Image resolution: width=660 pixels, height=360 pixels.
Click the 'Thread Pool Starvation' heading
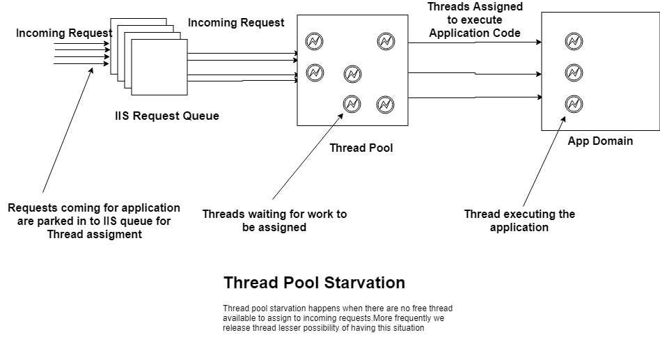coord(314,283)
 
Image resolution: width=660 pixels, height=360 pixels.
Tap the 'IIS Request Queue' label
coord(167,116)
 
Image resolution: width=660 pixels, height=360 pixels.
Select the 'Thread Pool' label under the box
coord(361,148)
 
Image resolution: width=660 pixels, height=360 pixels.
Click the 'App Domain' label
coord(600,141)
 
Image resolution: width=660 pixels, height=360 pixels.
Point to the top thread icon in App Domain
coord(574,41)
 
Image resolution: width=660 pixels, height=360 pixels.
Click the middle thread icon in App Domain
coord(574,73)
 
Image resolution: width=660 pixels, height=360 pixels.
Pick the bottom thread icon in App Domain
coord(574,104)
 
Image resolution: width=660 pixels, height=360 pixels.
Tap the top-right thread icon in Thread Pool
coord(386,41)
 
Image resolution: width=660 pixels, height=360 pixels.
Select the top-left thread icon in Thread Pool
coord(314,41)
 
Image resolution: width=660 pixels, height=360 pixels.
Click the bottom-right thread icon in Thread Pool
coord(385,104)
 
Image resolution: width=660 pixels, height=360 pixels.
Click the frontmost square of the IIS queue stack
coord(159,67)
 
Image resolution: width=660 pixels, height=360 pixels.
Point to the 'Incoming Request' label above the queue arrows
coord(236,23)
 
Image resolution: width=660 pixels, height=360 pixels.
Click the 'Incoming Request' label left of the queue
coord(64,33)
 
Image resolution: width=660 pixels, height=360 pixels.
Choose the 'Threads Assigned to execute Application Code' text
coord(475,19)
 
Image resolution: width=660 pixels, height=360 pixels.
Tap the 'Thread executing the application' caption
coord(519,221)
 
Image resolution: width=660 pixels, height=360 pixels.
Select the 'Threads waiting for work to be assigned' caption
coord(274,221)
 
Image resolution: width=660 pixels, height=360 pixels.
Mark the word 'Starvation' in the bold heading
coord(365,283)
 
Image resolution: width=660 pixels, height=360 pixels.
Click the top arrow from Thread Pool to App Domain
coord(475,42)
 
